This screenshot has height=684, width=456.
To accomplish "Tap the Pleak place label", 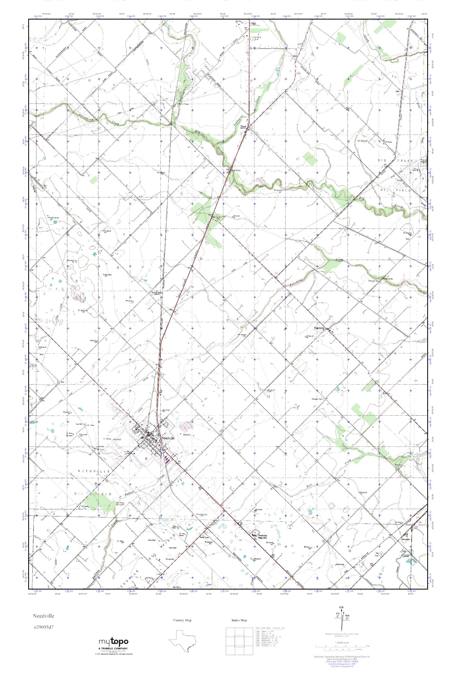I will pyautogui.click(x=243, y=126).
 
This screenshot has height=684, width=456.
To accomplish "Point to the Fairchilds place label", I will pyautogui.click(x=319, y=328).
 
